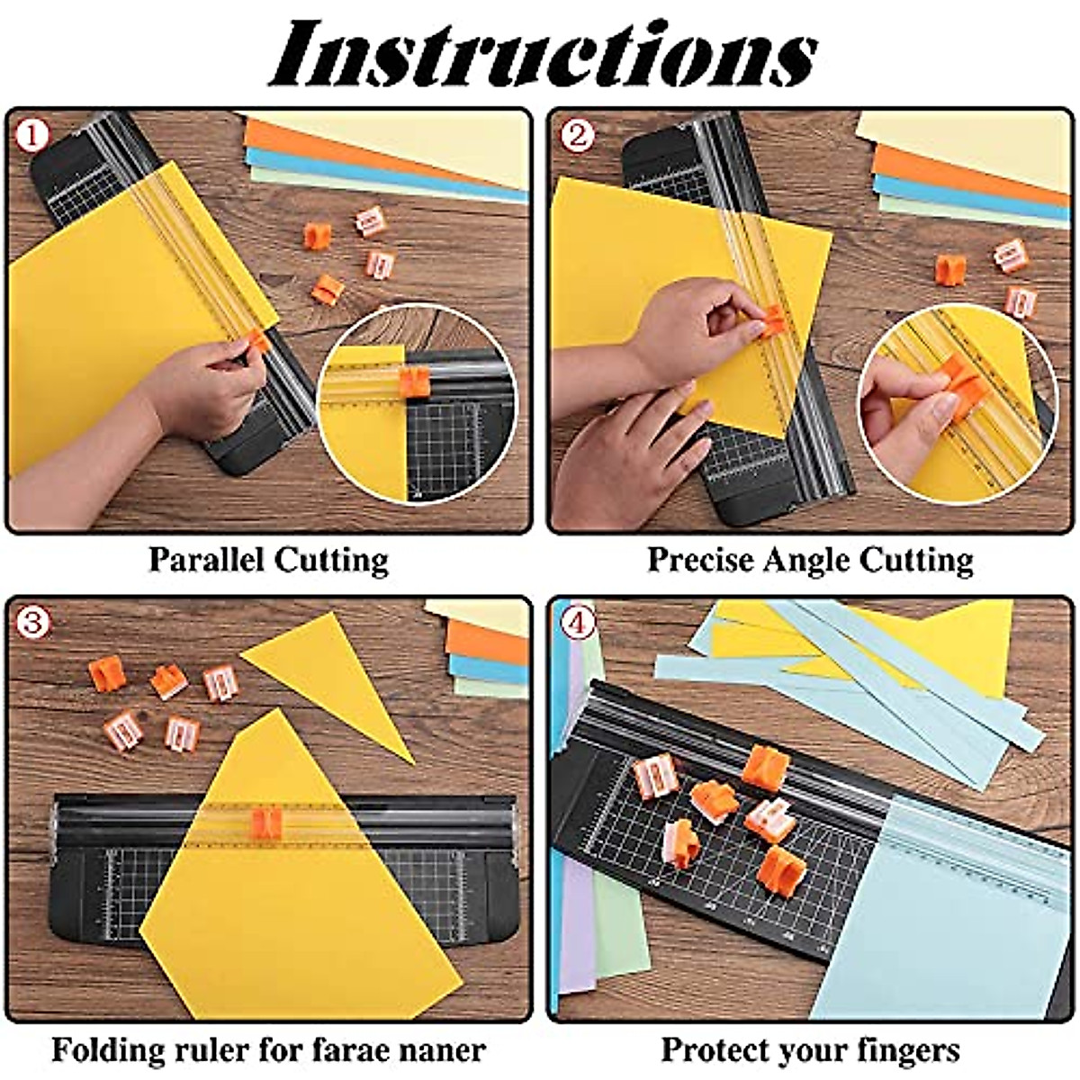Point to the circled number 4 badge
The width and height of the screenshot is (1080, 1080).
[x=577, y=623]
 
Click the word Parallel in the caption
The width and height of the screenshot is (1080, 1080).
[x=206, y=560]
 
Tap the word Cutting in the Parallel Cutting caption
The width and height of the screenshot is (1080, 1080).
[x=331, y=560]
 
